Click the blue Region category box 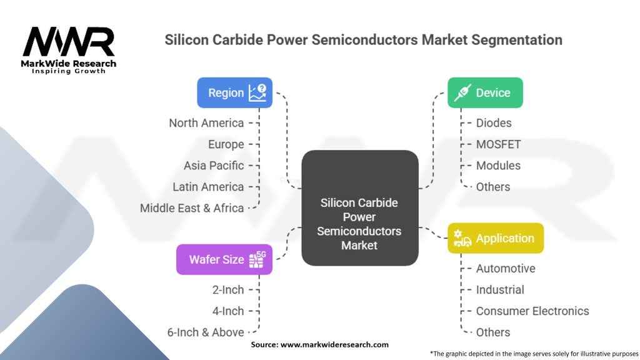pyautogui.click(x=235, y=92)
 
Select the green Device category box pyautogui.click(x=485, y=92)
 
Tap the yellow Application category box pyautogui.click(x=496, y=238)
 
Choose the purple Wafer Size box pyautogui.click(x=224, y=259)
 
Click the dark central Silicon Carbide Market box pyautogui.click(x=360, y=207)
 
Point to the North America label pyautogui.click(x=206, y=123)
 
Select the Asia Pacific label pyautogui.click(x=214, y=165)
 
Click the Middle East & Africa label pyautogui.click(x=192, y=208)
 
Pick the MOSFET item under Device pyautogui.click(x=498, y=144)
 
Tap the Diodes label pyautogui.click(x=494, y=123)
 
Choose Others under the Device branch pyautogui.click(x=493, y=186)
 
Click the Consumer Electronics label pyautogui.click(x=532, y=311)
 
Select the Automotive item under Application pyautogui.click(x=506, y=269)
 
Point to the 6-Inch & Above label pyautogui.click(x=206, y=332)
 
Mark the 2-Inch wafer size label pyautogui.click(x=228, y=290)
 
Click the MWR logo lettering pyautogui.click(x=69, y=42)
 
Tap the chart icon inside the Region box pyautogui.click(x=257, y=92)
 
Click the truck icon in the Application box pyautogui.click(x=462, y=238)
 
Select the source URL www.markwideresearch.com pyautogui.click(x=334, y=344)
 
